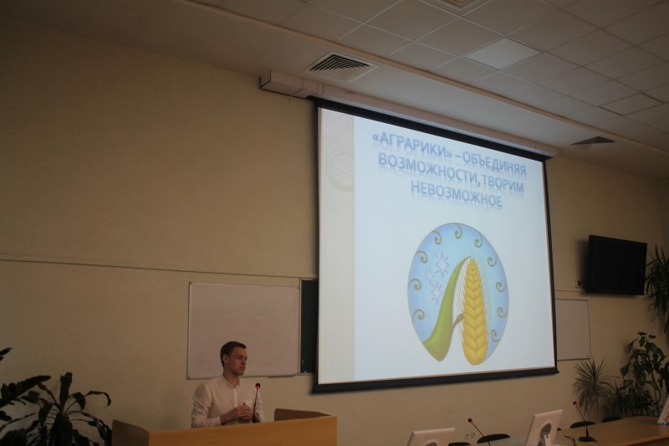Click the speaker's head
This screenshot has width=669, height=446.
click(x=233, y=359)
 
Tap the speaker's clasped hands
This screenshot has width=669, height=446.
click(x=242, y=413)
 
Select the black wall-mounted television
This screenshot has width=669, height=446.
click(x=616, y=264)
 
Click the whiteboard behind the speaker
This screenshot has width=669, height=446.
click(x=244, y=330)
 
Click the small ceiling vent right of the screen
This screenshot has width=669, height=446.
click(x=593, y=141)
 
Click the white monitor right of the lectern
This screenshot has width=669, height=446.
click(x=542, y=428)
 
